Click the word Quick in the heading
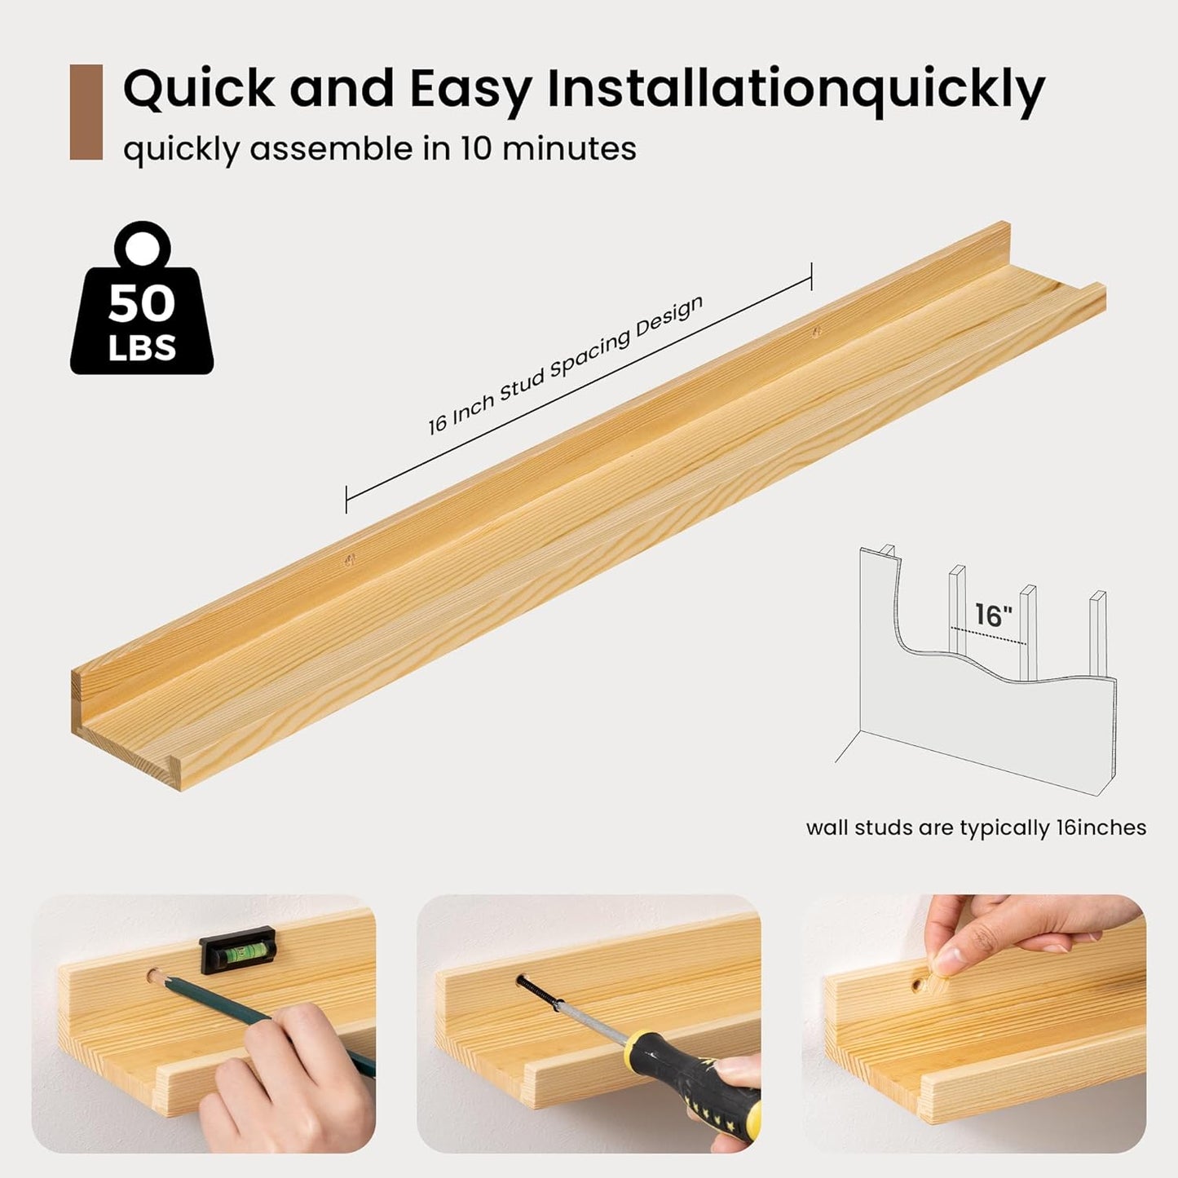(x=199, y=89)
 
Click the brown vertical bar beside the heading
(x=86, y=112)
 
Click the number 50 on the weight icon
(x=142, y=303)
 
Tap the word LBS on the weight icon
(x=142, y=348)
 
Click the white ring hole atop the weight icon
(x=142, y=247)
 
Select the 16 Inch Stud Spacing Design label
(x=566, y=365)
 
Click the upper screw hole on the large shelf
(x=815, y=332)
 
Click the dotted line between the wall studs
(x=988, y=635)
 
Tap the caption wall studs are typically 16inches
(x=977, y=827)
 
